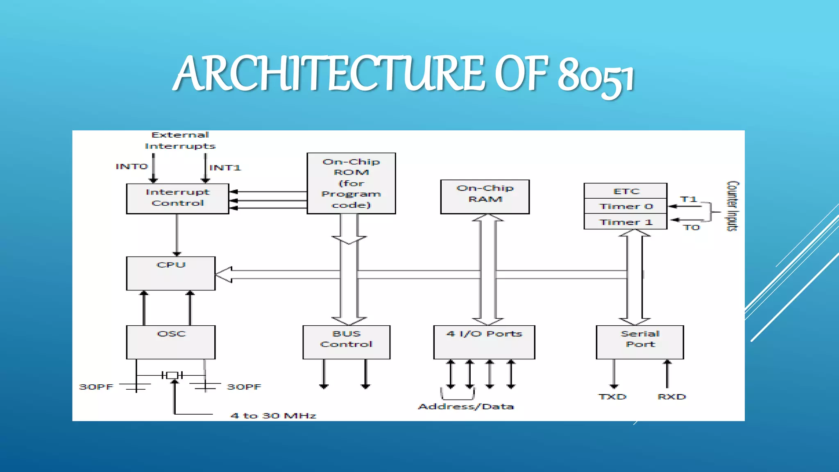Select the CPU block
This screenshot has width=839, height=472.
click(171, 273)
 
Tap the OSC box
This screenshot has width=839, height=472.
click(171, 342)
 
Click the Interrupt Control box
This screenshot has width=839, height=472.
click(177, 198)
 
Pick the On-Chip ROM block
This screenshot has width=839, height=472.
click(351, 183)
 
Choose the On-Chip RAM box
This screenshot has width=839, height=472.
click(485, 197)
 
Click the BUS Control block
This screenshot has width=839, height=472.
click(346, 342)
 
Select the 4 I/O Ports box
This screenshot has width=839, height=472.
click(484, 342)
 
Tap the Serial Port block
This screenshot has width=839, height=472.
click(640, 342)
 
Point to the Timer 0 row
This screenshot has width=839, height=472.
click(626, 206)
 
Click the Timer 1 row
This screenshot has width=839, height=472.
click(626, 222)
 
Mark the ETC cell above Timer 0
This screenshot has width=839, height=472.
click(626, 191)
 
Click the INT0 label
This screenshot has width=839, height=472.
click(131, 166)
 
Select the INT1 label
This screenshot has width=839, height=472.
click(225, 168)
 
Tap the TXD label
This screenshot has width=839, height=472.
click(612, 397)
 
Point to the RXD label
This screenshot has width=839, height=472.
click(671, 397)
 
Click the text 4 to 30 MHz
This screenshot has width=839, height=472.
click(273, 415)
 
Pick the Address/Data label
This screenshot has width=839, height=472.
click(466, 406)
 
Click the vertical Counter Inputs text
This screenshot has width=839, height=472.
click(732, 206)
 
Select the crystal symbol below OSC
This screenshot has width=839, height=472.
click(172, 375)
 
